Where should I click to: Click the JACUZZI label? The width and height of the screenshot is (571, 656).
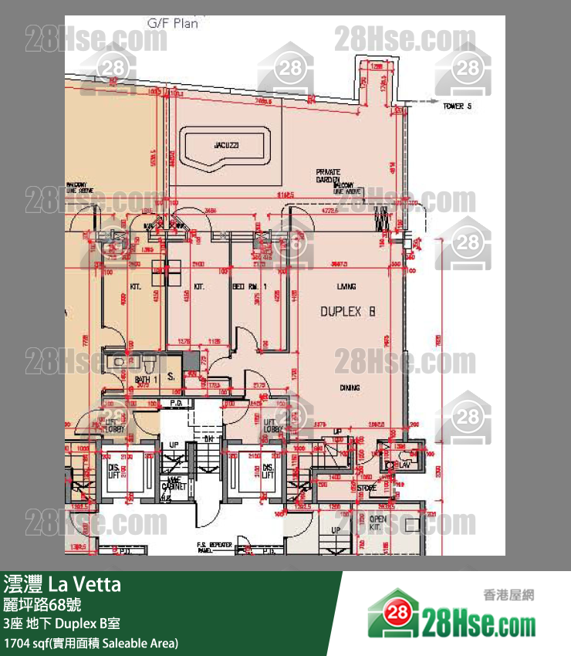[x=225, y=145]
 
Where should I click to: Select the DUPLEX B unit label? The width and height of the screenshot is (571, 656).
[x=347, y=312]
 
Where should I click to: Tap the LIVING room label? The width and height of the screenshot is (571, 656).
[x=346, y=286]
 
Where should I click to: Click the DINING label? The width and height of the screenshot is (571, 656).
[x=350, y=388]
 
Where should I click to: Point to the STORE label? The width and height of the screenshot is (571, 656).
[x=367, y=487]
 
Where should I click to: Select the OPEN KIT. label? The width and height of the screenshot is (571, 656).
[x=377, y=523]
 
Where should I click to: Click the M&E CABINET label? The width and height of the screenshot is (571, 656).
[x=175, y=485]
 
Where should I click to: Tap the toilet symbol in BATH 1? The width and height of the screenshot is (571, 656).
[x=150, y=361]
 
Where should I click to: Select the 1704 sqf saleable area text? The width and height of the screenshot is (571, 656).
[x=91, y=642]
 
